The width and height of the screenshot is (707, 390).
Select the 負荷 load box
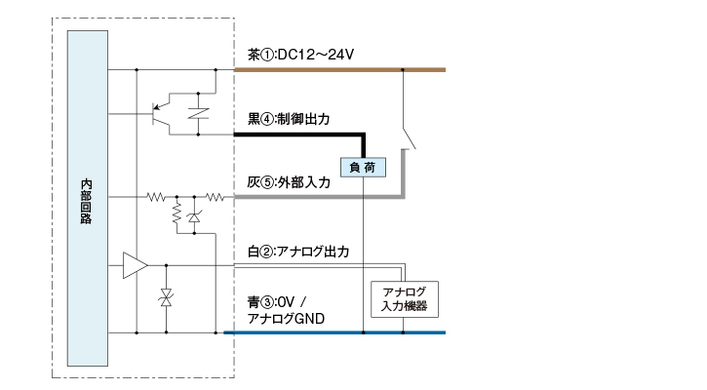click(x=363, y=167)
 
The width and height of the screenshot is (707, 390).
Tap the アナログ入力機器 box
click(x=405, y=298)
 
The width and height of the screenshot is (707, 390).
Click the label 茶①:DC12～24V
click(x=300, y=55)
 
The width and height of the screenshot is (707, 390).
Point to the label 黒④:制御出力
click(x=290, y=119)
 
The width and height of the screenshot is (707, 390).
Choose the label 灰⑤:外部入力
click(x=290, y=181)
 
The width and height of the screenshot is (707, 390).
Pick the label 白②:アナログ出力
click(x=298, y=252)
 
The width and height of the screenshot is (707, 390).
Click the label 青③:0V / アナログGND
click(x=286, y=310)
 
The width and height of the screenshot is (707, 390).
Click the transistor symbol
click(x=161, y=114)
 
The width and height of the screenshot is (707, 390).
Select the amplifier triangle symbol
click(x=135, y=265)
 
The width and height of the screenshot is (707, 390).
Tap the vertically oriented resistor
click(x=177, y=213)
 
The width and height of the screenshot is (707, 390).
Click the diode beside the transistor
click(x=201, y=113)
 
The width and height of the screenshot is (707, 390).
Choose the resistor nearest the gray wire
click(x=214, y=197)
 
